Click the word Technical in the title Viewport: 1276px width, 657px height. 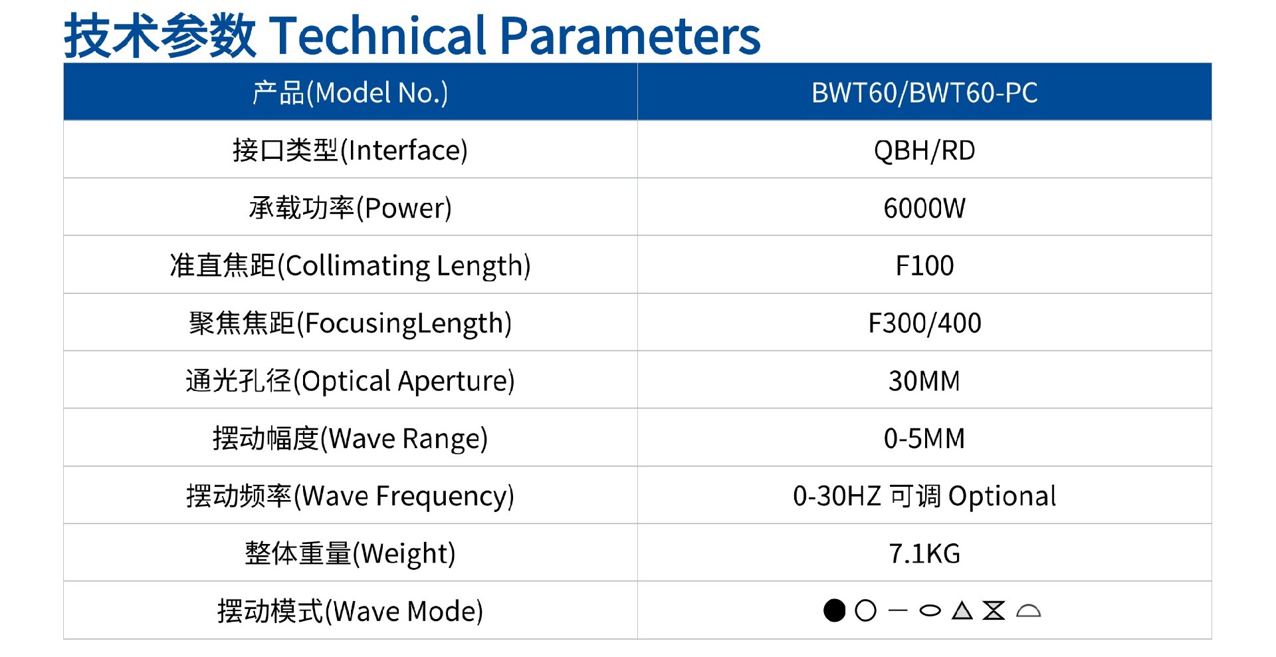click(379, 36)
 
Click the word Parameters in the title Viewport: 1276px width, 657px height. click(629, 36)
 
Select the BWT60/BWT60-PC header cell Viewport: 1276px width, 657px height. click(924, 93)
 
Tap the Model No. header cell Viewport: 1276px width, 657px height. click(350, 93)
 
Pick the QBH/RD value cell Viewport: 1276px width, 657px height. click(924, 151)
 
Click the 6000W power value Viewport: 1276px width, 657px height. click(924, 208)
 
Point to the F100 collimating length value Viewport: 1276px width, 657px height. click(924, 266)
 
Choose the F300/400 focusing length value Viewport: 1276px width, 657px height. click(924, 323)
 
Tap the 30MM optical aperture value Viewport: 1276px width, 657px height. click(924, 381)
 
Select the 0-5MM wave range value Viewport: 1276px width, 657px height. click(924, 439)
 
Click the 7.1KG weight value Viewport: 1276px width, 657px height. click(924, 553)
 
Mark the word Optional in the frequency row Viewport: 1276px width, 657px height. click(1002, 496)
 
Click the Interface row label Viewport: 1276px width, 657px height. click(350, 151)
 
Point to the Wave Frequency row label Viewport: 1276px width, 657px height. click(350, 496)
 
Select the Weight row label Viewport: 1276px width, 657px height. click(350, 553)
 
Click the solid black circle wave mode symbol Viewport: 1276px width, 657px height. click(834, 610)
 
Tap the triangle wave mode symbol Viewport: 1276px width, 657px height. click(962, 610)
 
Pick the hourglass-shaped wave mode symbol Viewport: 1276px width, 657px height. click(994, 610)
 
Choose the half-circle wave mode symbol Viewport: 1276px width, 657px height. click(1028, 611)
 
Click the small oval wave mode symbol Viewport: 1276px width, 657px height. click(930, 610)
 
